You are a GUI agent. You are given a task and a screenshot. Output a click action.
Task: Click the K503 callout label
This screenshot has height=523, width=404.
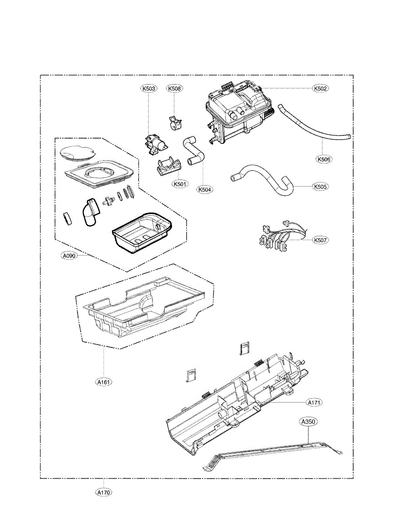149,88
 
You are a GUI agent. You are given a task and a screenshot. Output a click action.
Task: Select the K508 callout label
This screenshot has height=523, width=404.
175,88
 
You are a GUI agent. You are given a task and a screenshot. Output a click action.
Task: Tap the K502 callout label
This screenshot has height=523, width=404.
320,88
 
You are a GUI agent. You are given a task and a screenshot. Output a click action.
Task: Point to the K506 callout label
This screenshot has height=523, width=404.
324,160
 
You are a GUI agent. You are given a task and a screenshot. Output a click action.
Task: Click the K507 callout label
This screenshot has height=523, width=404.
320,240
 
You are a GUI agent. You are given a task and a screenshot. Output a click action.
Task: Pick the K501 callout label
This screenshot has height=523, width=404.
180,184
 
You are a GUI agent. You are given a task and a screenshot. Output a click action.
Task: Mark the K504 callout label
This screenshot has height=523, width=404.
204,190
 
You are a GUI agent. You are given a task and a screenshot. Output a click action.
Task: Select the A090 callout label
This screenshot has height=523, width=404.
69,256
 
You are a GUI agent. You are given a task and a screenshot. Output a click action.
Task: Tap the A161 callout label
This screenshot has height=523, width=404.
104,382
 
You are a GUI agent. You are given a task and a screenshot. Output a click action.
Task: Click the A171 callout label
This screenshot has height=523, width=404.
314,403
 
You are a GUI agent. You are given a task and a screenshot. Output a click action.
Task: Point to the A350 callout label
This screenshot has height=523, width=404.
308,422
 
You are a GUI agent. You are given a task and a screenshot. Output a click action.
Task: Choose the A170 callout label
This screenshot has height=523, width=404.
104,492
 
